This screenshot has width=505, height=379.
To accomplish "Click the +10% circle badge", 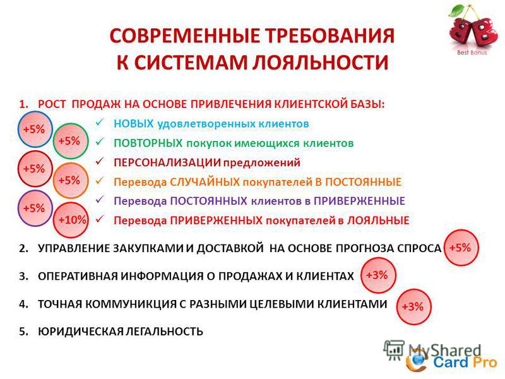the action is (x=71, y=220).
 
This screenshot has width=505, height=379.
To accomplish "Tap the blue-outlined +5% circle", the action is (x=35, y=129).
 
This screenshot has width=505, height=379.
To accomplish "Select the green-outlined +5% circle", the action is (x=71, y=141).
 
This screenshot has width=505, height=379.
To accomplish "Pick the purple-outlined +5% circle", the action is (x=35, y=208).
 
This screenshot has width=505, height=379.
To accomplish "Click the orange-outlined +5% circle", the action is (x=71, y=181).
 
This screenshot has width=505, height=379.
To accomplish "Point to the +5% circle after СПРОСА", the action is (x=461, y=248).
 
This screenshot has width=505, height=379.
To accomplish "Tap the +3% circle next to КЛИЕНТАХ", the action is (x=378, y=275).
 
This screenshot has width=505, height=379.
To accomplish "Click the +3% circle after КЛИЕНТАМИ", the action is (x=413, y=306).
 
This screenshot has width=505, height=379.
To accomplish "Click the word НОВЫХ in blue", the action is (x=133, y=123).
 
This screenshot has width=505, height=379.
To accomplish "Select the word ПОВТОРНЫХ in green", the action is (x=148, y=143).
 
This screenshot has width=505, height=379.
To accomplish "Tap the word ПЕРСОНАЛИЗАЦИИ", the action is (x=167, y=162).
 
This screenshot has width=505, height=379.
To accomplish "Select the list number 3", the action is (x=23, y=276).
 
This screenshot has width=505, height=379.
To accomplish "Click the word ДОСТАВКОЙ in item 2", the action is (x=230, y=248).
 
